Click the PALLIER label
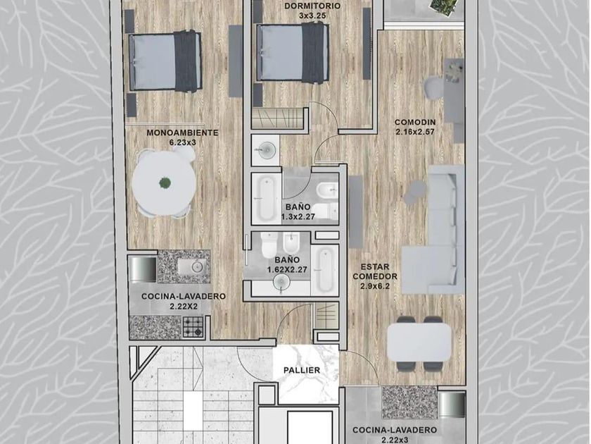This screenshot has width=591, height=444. pyautogui.click(x=302, y=371)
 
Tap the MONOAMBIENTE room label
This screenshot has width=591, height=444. pyautogui.click(x=182, y=133)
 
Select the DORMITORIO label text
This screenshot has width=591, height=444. pyautogui.click(x=312, y=6)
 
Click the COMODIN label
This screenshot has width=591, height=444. pyautogui.click(x=415, y=123)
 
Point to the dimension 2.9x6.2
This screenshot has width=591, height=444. pyautogui.click(x=374, y=286)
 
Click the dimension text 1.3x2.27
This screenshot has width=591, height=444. pyautogui.click(x=298, y=217)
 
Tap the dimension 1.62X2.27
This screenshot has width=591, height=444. pyautogui.click(x=287, y=269)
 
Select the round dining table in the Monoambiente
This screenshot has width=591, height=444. pyautogui.click(x=165, y=183)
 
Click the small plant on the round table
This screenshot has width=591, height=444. pyautogui.click(x=165, y=183)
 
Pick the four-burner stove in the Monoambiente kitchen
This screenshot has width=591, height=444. pyautogui.click(x=193, y=327)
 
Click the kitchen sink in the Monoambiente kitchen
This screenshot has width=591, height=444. pyautogui.click(x=192, y=267)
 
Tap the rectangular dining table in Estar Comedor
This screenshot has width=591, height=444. pyautogui.click(x=419, y=343)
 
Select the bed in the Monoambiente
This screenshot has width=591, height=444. pyautogui.click(x=165, y=61)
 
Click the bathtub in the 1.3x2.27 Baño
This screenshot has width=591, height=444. pyautogui.click(x=267, y=199)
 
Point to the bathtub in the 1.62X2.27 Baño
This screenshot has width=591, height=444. pyautogui.click(x=324, y=269)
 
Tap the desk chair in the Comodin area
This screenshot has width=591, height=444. pyautogui.click(x=434, y=88)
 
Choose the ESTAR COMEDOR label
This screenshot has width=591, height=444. pyautogui.click(x=375, y=272)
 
